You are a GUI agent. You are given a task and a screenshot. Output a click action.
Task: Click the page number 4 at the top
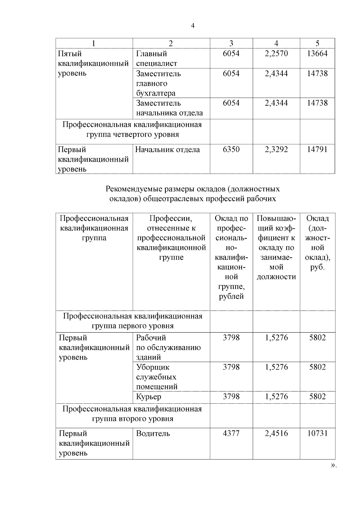[193, 26]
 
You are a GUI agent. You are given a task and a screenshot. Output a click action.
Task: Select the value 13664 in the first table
[317, 54]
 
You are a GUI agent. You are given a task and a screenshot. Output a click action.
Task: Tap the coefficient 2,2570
[276, 54]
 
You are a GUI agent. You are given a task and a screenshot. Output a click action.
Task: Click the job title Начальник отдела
[167, 150]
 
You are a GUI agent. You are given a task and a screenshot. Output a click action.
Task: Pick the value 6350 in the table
[231, 149]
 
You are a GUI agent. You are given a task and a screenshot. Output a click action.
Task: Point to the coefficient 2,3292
[276, 149]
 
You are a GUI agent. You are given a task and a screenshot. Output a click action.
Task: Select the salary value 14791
[317, 149]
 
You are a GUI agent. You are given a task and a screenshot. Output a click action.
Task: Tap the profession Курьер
[149, 397]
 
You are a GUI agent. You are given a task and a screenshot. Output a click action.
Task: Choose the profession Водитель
[153, 434]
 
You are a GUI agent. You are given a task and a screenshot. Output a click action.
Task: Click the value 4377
[231, 433]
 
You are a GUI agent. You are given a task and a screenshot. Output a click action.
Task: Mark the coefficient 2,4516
[276, 433]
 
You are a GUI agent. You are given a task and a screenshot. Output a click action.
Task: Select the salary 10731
[317, 433]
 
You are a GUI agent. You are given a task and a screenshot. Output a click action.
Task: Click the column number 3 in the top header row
[231, 43]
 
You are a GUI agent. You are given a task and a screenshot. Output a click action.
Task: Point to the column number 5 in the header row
[317, 43]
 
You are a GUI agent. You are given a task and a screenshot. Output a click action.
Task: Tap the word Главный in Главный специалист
[151, 54]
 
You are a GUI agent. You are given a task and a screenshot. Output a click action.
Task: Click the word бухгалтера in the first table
[156, 93]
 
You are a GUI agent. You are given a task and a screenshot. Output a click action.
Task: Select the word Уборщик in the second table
[153, 367]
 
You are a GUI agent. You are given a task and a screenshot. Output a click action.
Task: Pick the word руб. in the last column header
[317, 267]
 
